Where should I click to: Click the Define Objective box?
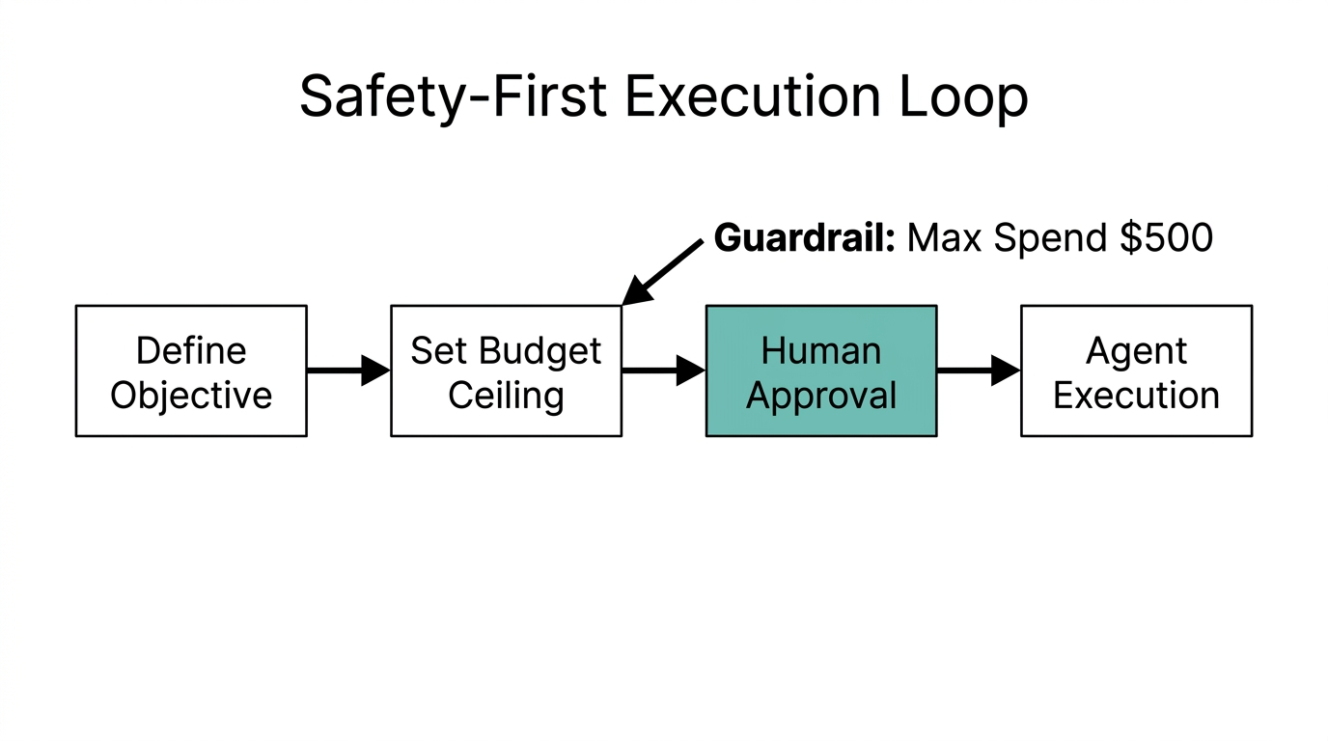pos(191,371)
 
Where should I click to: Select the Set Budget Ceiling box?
pos(506,371)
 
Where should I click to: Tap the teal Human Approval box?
pos(821,371)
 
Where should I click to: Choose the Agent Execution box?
pos(1136,371)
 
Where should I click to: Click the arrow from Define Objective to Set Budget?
pos(347,370)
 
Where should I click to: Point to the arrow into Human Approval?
pos(663,370)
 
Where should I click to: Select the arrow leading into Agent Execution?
pos(978,370)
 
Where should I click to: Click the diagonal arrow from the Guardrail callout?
pos(663,272)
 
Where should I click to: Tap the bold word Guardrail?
pos(805,237)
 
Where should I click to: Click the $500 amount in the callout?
pos(1166,237)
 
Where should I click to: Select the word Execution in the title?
pos(752,96)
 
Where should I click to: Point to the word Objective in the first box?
pos(191,396)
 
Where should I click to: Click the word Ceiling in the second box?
pos(506,396)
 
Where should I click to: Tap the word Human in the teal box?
pos(821,350)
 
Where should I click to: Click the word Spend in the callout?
pos(1051,238)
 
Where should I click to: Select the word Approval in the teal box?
pos(821,396)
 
